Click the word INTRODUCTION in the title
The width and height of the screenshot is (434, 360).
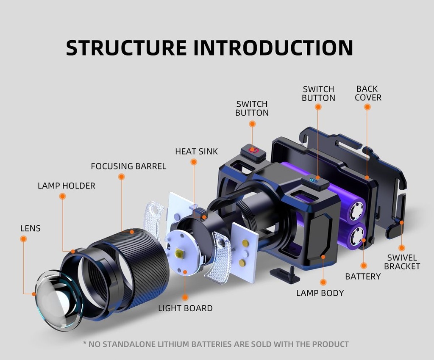click(273, 47)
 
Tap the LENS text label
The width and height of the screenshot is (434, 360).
click(31, 229)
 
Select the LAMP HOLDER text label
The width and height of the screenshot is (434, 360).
click(67, 186)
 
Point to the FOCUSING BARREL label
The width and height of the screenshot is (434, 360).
click(128, 166)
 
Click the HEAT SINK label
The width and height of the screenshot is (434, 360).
click(196, 152)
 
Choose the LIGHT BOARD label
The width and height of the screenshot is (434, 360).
click(185, 308)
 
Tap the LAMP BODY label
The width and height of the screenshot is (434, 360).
click(320, 293)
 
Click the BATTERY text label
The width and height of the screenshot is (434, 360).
click(363, 277)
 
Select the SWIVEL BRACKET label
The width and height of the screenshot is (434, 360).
click(402, 262)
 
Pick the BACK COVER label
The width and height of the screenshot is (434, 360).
click(368, 93)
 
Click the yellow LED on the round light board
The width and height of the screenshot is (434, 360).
click(179, 254)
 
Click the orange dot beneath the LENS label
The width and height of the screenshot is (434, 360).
click(23, 239)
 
